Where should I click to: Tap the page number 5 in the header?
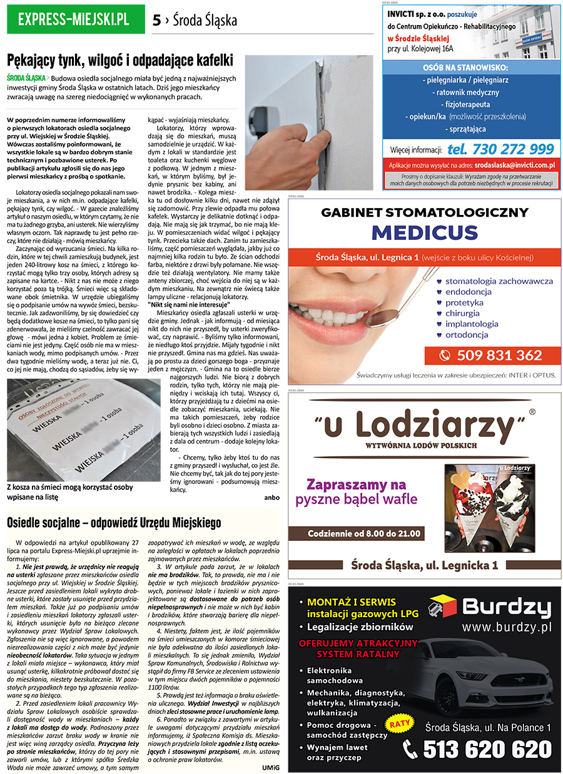pos(156,21)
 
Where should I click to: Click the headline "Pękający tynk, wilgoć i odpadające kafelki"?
pos(119,61)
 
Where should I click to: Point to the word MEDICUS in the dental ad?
pos(425,232)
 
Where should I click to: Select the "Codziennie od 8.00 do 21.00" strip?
pos(365,533)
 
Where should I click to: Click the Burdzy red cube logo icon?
pos(442,607)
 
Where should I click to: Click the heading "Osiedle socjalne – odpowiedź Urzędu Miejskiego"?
pos(114,522)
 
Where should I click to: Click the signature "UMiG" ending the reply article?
pos(271,767)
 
